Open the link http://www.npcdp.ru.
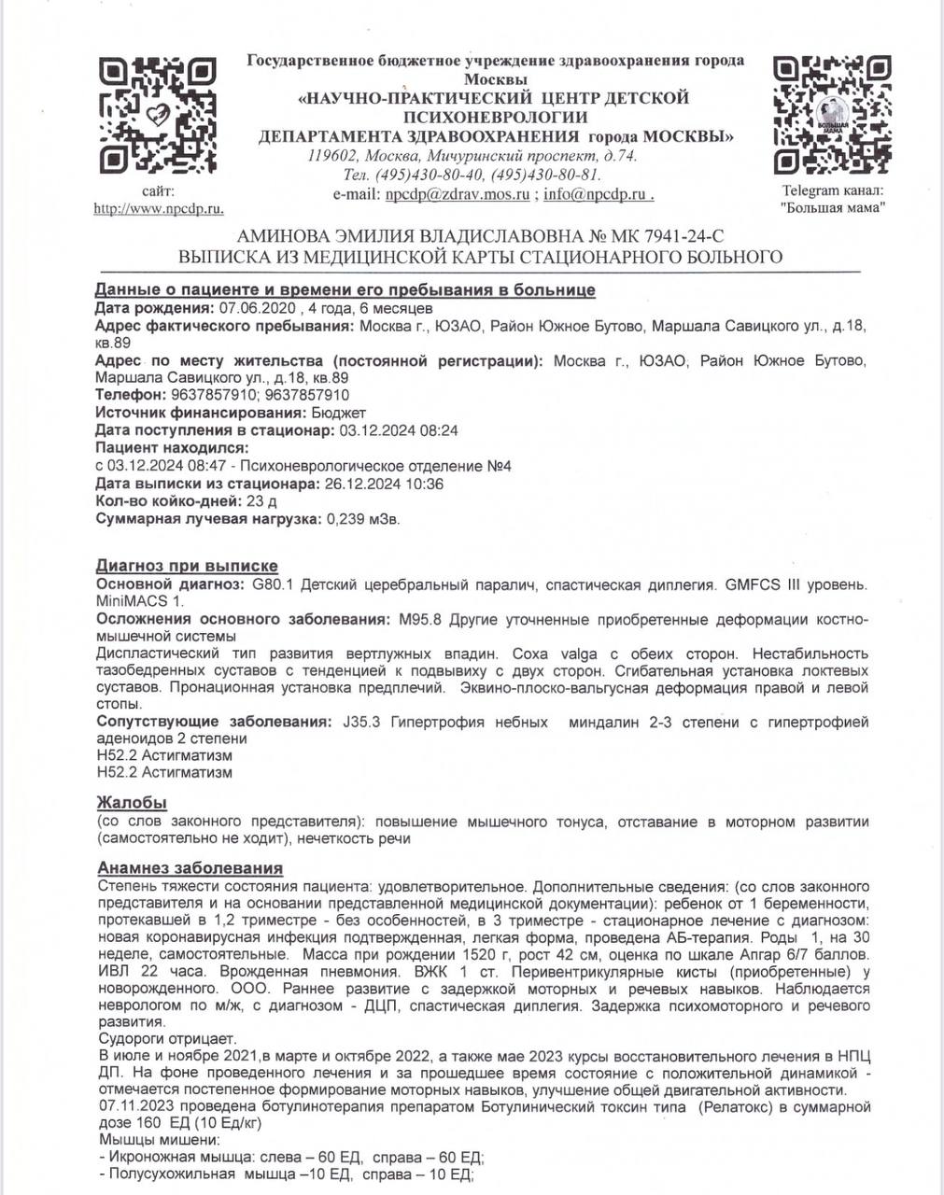click(x=158, y=208)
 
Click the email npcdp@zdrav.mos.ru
click(x=458, y=194)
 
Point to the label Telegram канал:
click(x=832, y=191)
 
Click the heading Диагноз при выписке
click(x=187, y=566)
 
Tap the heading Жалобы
click(x=132, y=802)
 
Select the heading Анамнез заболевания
click(x=190, y=868)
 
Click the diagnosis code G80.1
click(x=271, y=584)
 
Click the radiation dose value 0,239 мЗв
click(x=361, y=519)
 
